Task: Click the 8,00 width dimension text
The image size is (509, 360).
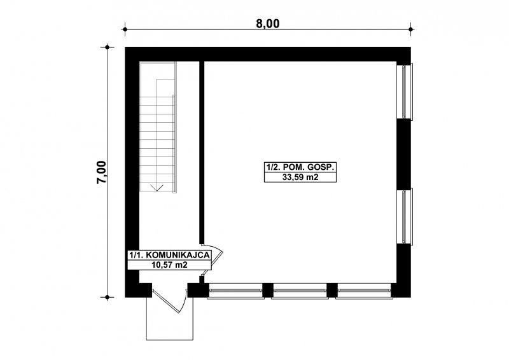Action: pyautogui.click(x=268, y=24)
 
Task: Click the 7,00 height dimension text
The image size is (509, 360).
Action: pyautogui.click(x=101, y=172)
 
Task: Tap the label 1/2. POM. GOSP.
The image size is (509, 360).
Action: pyautogui.click(x=300, y=167)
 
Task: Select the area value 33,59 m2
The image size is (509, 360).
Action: pyautogui.click(x=300, y=177)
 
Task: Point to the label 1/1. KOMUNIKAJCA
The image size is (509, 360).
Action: pyautogui.click(x=169, y=255)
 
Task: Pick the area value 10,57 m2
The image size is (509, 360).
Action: pyautogui.click(x=169, y=265)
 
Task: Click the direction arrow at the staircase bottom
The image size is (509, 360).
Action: pyautogui.click(x=157, y=187)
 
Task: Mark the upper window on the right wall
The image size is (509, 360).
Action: pyautogui.click(x=405, y=92)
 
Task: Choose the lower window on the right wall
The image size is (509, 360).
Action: pyautogui.click(x=405, y=216)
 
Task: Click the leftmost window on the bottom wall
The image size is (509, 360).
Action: pyautogui.click(x=235, y=291)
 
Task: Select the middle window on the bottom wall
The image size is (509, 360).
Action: pyautogui.click(x=300, y=291)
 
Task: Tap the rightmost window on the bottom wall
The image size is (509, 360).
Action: pyautogui.click(x=364, y=291)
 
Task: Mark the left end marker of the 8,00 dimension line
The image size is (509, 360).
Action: pyautogui.click(x=125, y=29)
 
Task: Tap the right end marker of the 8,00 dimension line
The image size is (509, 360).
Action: pyautogui.click(x=410, y=29)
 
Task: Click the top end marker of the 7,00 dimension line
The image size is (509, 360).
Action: pyautogui.click(x=107, y=47)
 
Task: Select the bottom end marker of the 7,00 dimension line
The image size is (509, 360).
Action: pyautogui.click(x=107, y=297)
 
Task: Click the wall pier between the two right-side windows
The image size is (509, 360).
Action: pyautogui.click(x=404, y=154)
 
